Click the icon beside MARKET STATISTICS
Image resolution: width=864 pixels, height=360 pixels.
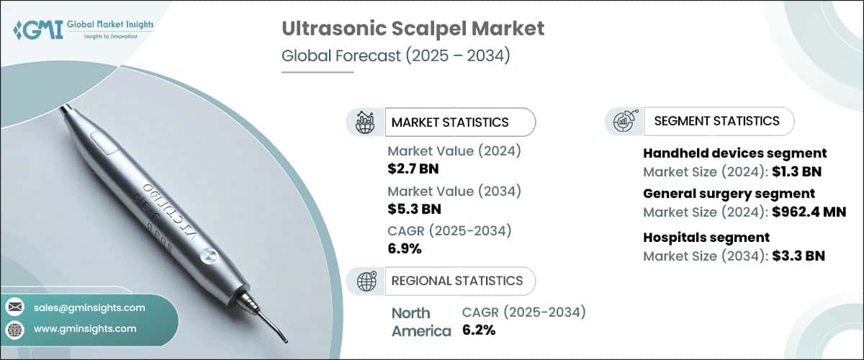click(366, 122)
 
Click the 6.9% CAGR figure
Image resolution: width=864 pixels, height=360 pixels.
click(405, 249)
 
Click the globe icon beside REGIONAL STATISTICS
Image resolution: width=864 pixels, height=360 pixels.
click(366, 281)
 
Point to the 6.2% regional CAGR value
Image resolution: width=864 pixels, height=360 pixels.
click(477, 330)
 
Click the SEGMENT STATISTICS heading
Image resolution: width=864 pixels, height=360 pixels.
click(716, 121)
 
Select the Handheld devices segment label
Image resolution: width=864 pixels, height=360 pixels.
click(734, 153)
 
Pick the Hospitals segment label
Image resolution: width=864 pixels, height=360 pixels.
click(706, 237)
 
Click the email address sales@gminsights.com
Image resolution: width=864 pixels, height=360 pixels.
click(89, 307)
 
